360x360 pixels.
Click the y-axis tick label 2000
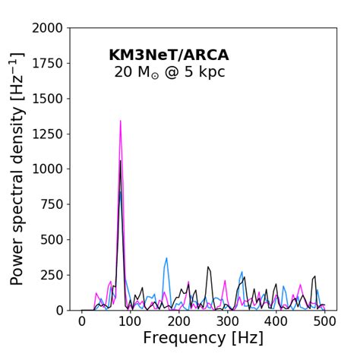pyautogui.click(x=47, y=29)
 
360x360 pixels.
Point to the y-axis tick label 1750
pyautogui.click(x=47, y=64)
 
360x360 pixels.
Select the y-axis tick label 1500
pyautogui.click(x=47, y=99)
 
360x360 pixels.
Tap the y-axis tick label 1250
pyautogui.click(x=47, y=134)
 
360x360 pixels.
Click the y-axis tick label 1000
pyautogui.click(x=47, y=169)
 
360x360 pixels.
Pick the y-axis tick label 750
pyautogui.click(x=52, y=204)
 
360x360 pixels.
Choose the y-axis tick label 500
pyautogui.click(x=52, y=240)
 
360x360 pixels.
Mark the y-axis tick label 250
pyautogui.click(x=52, y=275)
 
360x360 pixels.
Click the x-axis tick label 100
pyautogui.click(x=131, y=322)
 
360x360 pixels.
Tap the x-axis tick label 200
pyautogui.click(x=179, y=322)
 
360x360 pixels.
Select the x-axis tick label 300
pyautogui.click(x=228, y=322)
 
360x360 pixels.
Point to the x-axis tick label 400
pyautogui.click(x=276, y=322)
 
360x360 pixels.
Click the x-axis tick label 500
pyautogui.click(x=325, y=322)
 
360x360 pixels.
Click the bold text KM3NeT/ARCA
pyautogui.click(x=169, y=55)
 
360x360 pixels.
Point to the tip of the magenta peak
pyautogui.click(x=120, y=121)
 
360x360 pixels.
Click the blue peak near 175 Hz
pyautogui.click(x=167, y=258)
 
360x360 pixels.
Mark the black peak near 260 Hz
pyautogui.click(x=208, y=267)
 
